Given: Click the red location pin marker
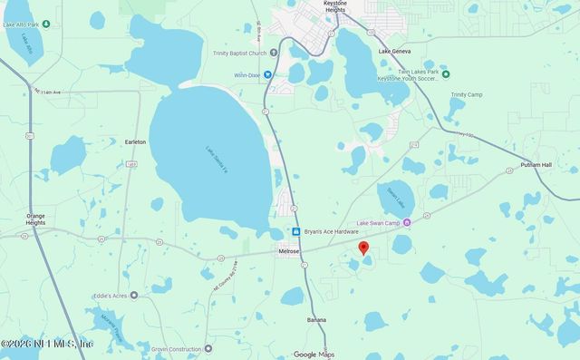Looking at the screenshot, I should [363, 248].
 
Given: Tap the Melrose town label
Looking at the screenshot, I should [290, 251].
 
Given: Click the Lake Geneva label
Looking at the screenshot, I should [396, 53].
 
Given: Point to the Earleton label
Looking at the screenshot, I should [135, 141].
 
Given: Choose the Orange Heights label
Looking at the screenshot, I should [36, 219].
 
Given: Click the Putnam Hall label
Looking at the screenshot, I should [536, 165].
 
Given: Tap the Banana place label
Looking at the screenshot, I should [316, 319].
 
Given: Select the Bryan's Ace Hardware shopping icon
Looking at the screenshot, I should [295, 232].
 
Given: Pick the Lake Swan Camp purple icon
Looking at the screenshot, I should [407, 222].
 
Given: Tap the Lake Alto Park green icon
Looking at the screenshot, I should [45, 24].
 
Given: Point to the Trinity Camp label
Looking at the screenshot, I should [466, 94].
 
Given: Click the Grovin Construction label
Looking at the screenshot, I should [177, 347].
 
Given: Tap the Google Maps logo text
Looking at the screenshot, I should [314, 354].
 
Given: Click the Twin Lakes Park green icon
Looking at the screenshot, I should [444, 72].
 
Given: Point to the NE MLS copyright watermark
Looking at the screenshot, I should [47, 343].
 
